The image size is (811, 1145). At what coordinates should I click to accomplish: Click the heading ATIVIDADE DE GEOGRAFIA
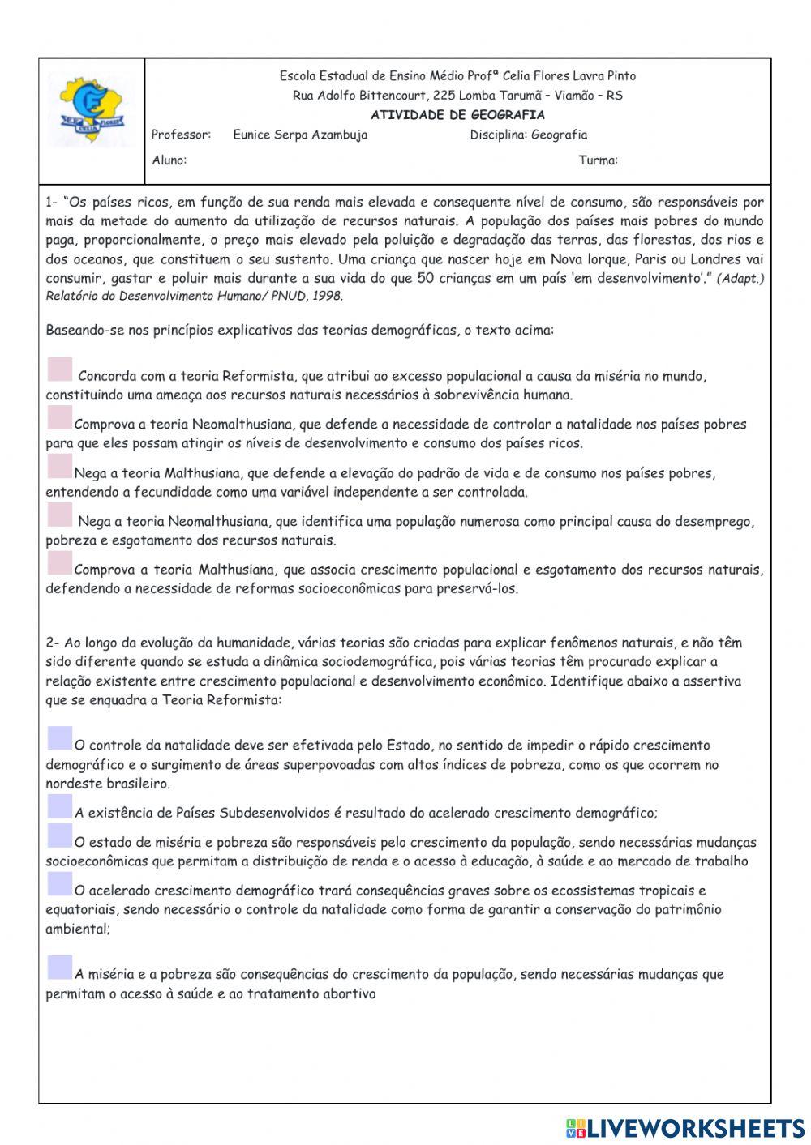[457, 115]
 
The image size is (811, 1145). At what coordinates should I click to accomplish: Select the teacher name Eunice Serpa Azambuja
[300, 135]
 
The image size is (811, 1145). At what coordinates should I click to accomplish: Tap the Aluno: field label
[169, 160]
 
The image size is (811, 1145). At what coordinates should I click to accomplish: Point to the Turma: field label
[598, 160]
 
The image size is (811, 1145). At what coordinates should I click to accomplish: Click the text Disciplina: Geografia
[528, 135]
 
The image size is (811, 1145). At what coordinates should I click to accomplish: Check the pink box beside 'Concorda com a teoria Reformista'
[59, 370]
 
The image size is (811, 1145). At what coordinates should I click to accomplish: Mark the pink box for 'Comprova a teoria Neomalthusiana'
[59, 418]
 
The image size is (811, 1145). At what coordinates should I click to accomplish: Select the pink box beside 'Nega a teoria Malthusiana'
[59, 467]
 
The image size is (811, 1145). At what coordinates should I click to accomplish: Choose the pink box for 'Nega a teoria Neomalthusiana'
[59, 515]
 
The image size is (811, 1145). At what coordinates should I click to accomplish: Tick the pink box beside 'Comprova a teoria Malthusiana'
[59, 563]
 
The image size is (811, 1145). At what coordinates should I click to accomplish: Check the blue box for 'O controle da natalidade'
[59, 738]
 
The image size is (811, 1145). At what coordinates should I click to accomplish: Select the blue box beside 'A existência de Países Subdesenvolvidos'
[59, 806]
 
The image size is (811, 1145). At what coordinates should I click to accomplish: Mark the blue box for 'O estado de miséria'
[59, 835]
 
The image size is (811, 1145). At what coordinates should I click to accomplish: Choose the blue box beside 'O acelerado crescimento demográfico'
[59, 884]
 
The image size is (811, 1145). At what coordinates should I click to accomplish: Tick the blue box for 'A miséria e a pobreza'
[59, 968]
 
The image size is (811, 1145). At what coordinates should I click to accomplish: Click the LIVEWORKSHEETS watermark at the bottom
[685, 1127]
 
